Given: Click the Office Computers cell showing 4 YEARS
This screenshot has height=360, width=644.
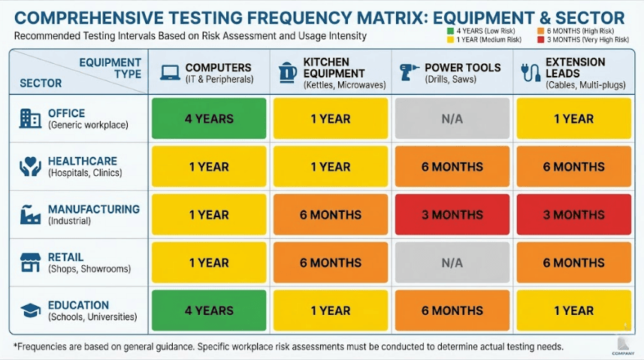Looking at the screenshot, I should pos(209,119).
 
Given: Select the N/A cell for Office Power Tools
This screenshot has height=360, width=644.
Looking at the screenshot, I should pos(452,119).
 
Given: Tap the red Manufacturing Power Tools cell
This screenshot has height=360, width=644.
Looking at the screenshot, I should pos(452,215).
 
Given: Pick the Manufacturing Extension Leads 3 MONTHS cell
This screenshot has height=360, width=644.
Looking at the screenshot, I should pos(573,215).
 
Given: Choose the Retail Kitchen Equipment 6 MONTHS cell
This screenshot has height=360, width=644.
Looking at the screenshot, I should pos(330,263).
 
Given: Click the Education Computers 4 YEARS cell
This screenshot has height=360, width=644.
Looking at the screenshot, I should pos(209,310).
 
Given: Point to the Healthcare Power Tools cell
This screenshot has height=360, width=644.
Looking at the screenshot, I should pos(452,167).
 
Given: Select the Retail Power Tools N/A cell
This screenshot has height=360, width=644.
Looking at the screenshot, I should pos(452,263).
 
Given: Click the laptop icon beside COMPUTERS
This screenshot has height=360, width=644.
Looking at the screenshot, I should pos(170,72).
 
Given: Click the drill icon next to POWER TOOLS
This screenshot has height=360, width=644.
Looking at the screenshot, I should pos(410,72).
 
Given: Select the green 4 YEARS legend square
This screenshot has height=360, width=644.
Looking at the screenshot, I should pos(449,31).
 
